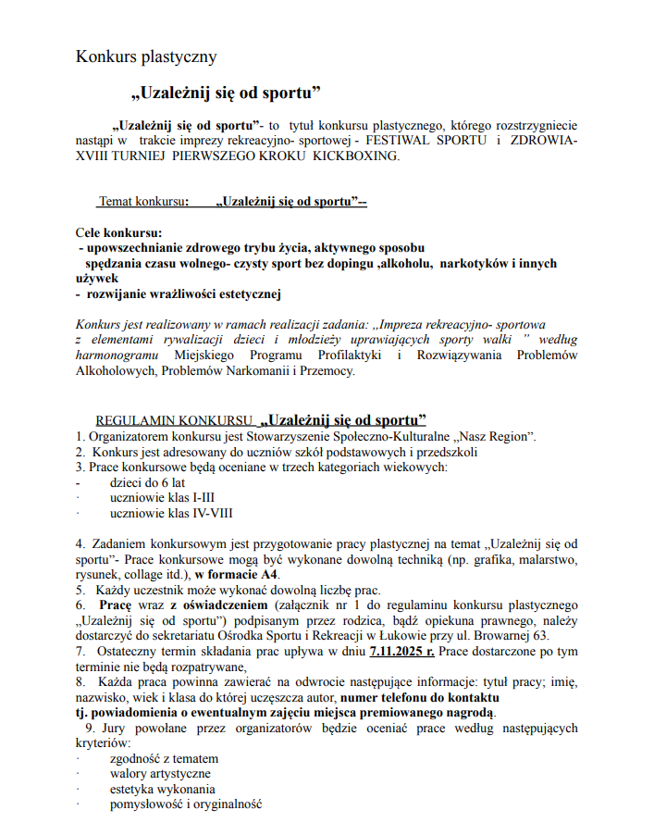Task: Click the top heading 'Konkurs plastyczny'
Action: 146,56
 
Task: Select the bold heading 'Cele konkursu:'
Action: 118,232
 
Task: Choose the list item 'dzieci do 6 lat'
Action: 147,482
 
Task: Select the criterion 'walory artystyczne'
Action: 160,773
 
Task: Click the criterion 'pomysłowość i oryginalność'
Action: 186,804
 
